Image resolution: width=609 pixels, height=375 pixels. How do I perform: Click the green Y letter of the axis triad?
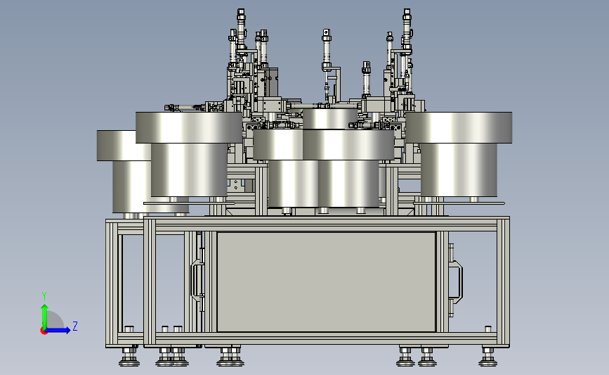point(44,296)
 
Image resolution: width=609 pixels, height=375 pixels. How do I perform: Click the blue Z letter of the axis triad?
point(75,326)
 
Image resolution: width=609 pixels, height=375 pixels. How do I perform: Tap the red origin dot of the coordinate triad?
point(44,331)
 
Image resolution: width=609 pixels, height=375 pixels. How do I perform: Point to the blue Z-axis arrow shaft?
point(57,330)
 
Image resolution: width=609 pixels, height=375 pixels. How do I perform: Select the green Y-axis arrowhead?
point(45,308)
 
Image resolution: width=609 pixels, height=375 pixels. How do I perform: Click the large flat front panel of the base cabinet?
point(326,282)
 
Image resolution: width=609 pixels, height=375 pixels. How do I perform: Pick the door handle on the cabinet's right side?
point(456,280)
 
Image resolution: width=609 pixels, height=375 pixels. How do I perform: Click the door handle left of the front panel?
point(197,280)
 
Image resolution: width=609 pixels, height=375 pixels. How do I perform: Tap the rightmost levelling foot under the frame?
point(487,357)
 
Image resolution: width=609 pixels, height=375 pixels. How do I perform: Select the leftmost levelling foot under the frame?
point(129,357)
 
